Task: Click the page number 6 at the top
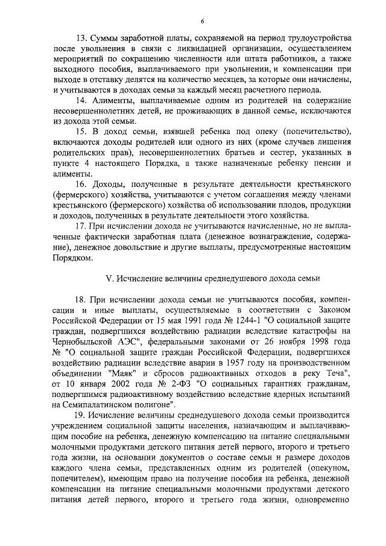pyautogui.click(x=194, y=22)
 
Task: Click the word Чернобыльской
pyautogui.click(x=81, y=352)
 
